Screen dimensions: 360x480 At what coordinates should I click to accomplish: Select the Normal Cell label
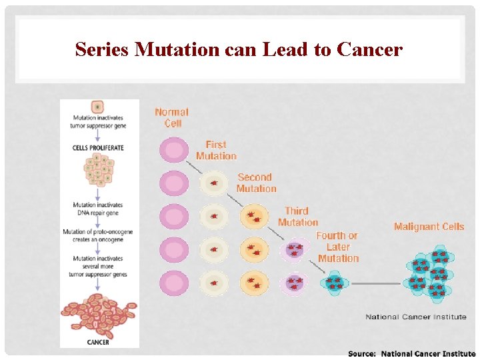pos(172,117)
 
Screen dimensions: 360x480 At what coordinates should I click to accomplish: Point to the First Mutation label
pos(216,150)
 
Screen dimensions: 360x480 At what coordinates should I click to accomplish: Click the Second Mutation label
pos(256,183)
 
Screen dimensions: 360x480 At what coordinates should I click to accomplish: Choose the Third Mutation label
pos(297,217)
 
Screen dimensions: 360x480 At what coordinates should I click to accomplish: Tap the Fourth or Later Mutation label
pos(337,247)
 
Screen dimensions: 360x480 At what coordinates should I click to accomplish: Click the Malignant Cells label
pos(429,227)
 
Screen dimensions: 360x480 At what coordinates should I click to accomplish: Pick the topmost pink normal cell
pos(173,149)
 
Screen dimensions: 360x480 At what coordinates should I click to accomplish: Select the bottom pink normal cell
pos(173,283)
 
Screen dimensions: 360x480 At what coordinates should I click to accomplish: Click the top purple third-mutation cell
pos(294,250)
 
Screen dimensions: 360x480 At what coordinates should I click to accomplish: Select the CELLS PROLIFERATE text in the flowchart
pos(99,147)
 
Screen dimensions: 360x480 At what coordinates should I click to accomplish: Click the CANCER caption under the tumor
pos(98,342)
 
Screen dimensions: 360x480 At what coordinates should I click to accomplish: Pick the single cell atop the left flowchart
pos(98,106)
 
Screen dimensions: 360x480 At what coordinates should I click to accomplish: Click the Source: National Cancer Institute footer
pos(411,353)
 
